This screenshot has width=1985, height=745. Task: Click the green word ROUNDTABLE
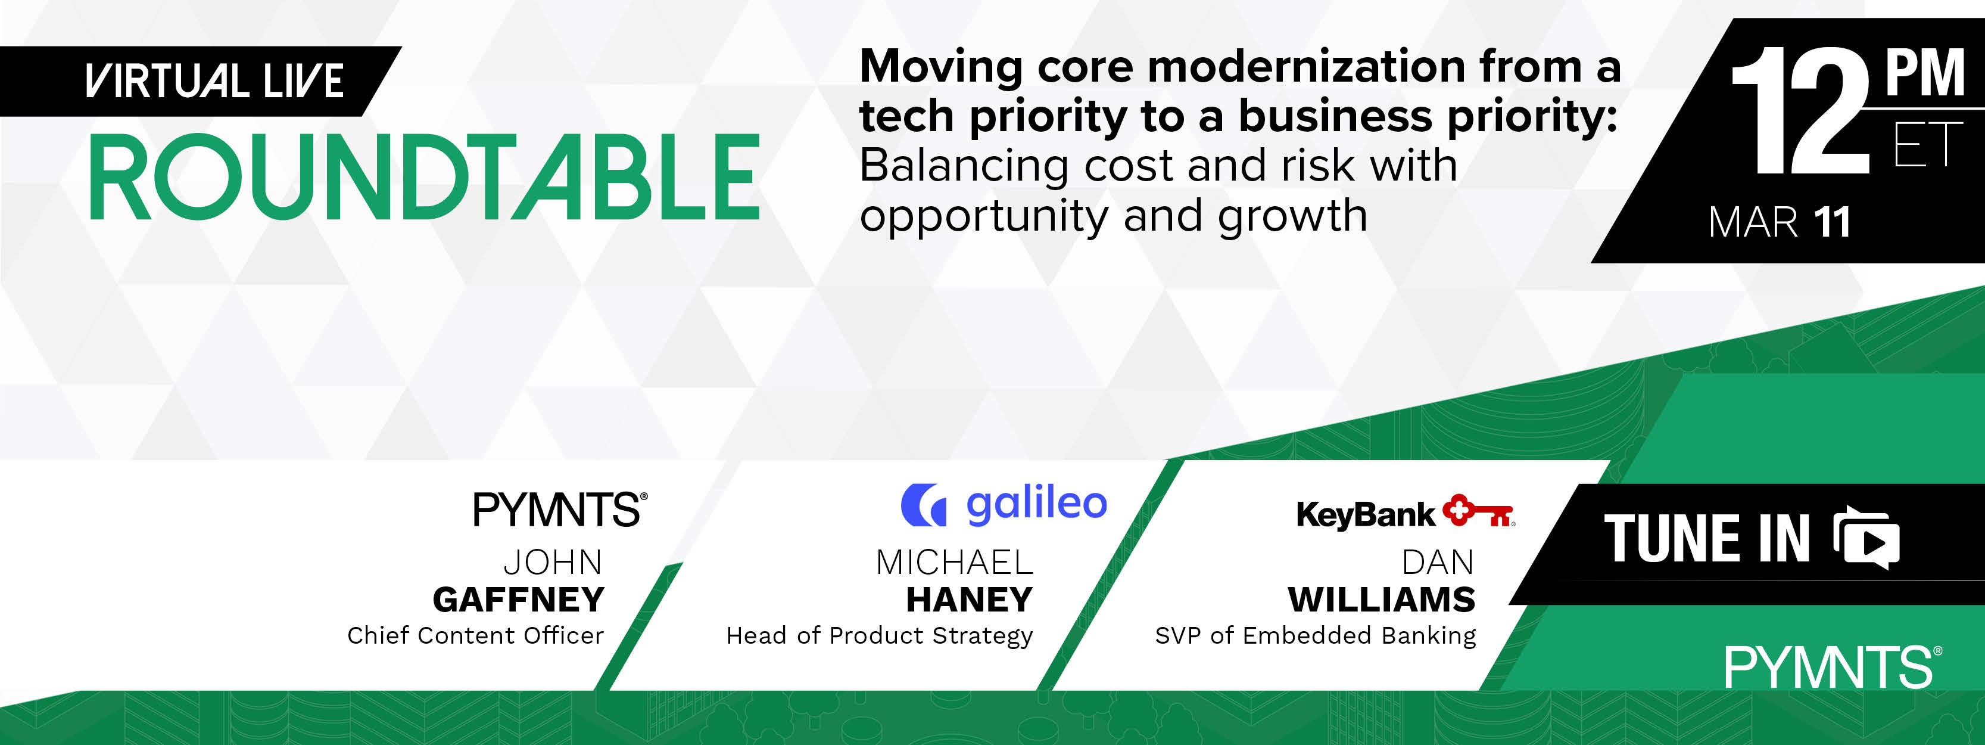[x=425, y=178]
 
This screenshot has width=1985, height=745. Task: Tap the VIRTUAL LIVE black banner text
[x=214, y=81]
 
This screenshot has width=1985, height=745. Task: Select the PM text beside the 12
[x=1924, y=73]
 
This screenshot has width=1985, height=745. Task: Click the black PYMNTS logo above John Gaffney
[x=559, y=510]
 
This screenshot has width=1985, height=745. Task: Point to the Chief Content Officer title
[x=475, y=635]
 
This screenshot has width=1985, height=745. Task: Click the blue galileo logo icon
[x=923, y=505]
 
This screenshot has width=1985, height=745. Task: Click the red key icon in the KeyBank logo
[x=1479, y=511]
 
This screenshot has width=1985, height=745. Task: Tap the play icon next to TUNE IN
[x=1867, y=538]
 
